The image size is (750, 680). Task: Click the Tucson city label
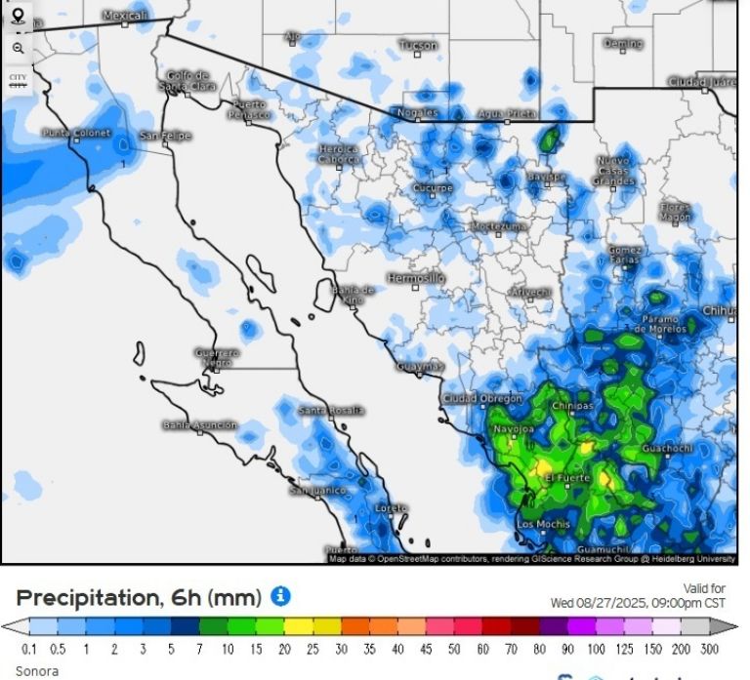[418, 45]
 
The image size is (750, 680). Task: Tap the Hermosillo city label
[416, 278]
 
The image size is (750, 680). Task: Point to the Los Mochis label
[543, 524]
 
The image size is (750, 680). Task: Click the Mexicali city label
[124, 16]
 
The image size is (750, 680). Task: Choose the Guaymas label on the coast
[421, 367]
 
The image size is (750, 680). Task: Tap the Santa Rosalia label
[331, 411]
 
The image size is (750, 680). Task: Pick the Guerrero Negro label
[217, 356]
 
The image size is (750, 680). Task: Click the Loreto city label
[392, 508]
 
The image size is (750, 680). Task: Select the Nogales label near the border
[417, 113]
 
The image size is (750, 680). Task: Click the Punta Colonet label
[76, 133]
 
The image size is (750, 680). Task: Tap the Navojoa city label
[514, 428]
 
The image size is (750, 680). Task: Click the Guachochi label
[668, 449]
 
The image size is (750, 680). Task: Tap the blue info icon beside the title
[280, 595]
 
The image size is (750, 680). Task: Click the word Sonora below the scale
[37, 671]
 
